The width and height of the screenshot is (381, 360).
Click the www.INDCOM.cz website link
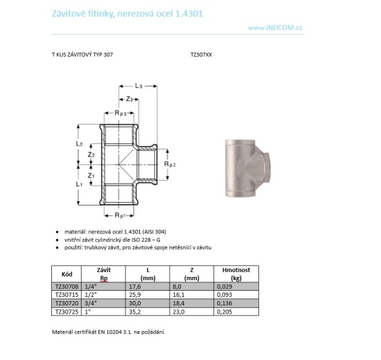(x=275, y=28)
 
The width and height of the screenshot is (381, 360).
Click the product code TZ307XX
(x=201, y=55)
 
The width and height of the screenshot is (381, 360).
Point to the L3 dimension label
(x=139, y=86)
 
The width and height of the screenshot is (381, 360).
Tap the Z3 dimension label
(x=130, y=99)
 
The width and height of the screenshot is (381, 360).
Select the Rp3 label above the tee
(x=121, y=113)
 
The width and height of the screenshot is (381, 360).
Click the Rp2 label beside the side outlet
(x=170, y=164)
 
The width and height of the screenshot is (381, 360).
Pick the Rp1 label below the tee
(x=121, y=215)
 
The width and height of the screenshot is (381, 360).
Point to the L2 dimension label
(x=79, y=144)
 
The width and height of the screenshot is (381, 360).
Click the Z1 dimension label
(x=91, y=175)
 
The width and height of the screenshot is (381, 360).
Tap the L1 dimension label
(x=79, y=184)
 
